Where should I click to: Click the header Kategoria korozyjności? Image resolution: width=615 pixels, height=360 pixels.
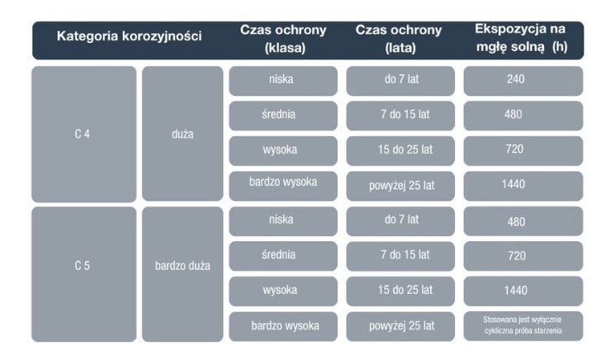click(129, 36)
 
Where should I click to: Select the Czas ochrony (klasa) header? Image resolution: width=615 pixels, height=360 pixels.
click(283, 39)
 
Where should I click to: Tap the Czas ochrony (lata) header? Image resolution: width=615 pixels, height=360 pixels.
click(400, 39)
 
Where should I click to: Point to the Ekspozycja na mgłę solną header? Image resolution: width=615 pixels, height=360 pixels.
click(521, 38)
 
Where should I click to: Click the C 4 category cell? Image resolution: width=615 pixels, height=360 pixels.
click(83, 135)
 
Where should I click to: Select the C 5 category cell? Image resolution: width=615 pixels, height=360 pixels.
click(83, 266)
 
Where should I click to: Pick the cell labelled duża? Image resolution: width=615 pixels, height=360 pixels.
click(182, 135)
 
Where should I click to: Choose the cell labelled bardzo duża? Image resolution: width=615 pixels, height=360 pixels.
click(182, 266)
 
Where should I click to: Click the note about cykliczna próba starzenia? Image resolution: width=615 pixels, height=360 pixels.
click(523, 325)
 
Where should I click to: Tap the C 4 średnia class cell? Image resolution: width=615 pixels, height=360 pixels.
click(283, 115)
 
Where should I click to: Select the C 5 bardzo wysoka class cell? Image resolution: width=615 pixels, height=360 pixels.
click(283, 325)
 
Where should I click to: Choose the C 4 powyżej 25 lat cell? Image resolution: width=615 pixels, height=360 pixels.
click(400, 185)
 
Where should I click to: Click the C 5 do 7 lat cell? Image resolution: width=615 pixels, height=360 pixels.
click(400, 220)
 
